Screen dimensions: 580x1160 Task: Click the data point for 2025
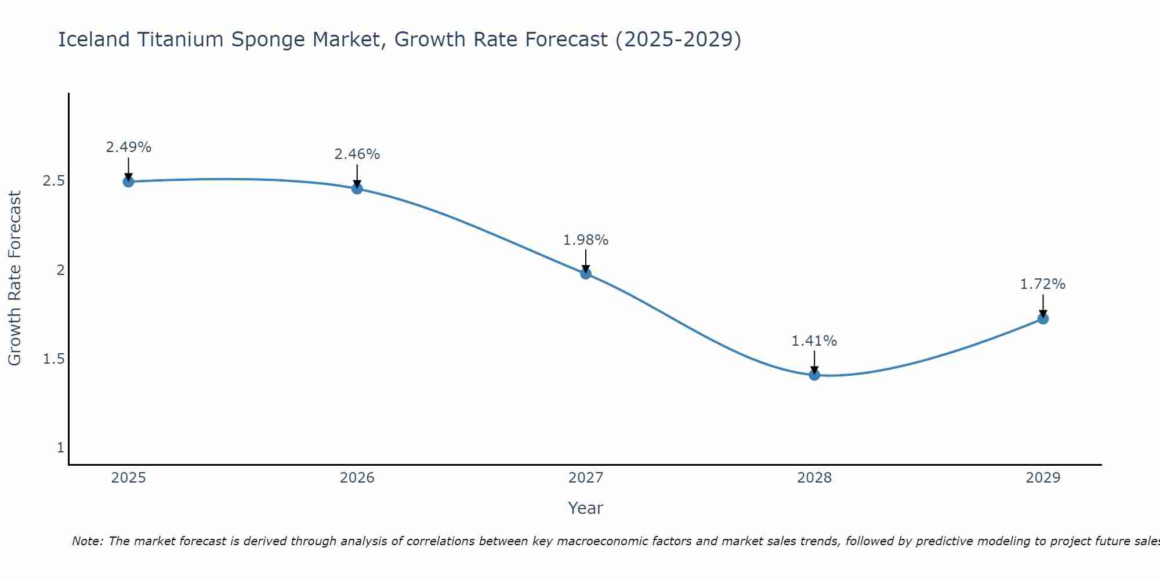pos(129,182)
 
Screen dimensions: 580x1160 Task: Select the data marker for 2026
pos(357,188)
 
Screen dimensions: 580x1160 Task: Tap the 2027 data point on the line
pos(586,274)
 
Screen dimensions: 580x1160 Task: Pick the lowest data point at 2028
pos(814,375)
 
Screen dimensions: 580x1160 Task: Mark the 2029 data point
pos(1043,318)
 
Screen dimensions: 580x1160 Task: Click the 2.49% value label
pos(129,147)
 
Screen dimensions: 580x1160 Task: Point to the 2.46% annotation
pos(357,154)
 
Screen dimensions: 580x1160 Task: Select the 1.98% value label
pos(586,240)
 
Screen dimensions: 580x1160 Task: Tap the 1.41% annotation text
pos(814,341)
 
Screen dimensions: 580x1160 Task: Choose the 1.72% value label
pos(1043,284)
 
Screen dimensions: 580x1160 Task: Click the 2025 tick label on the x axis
pos(129,478)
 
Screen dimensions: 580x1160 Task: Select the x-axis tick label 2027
pos(586,478)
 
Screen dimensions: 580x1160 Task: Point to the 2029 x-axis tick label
pos(1043,478)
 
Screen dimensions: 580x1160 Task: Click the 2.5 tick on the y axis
pos(53,181)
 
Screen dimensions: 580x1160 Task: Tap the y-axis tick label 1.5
pos(53,359)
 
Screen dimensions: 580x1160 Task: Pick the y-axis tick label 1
pos(60,448)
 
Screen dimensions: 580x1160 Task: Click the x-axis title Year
pos(586,508)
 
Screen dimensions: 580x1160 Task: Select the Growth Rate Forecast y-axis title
pos(15,278)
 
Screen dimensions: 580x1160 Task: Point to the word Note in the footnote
pos(86,541)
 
